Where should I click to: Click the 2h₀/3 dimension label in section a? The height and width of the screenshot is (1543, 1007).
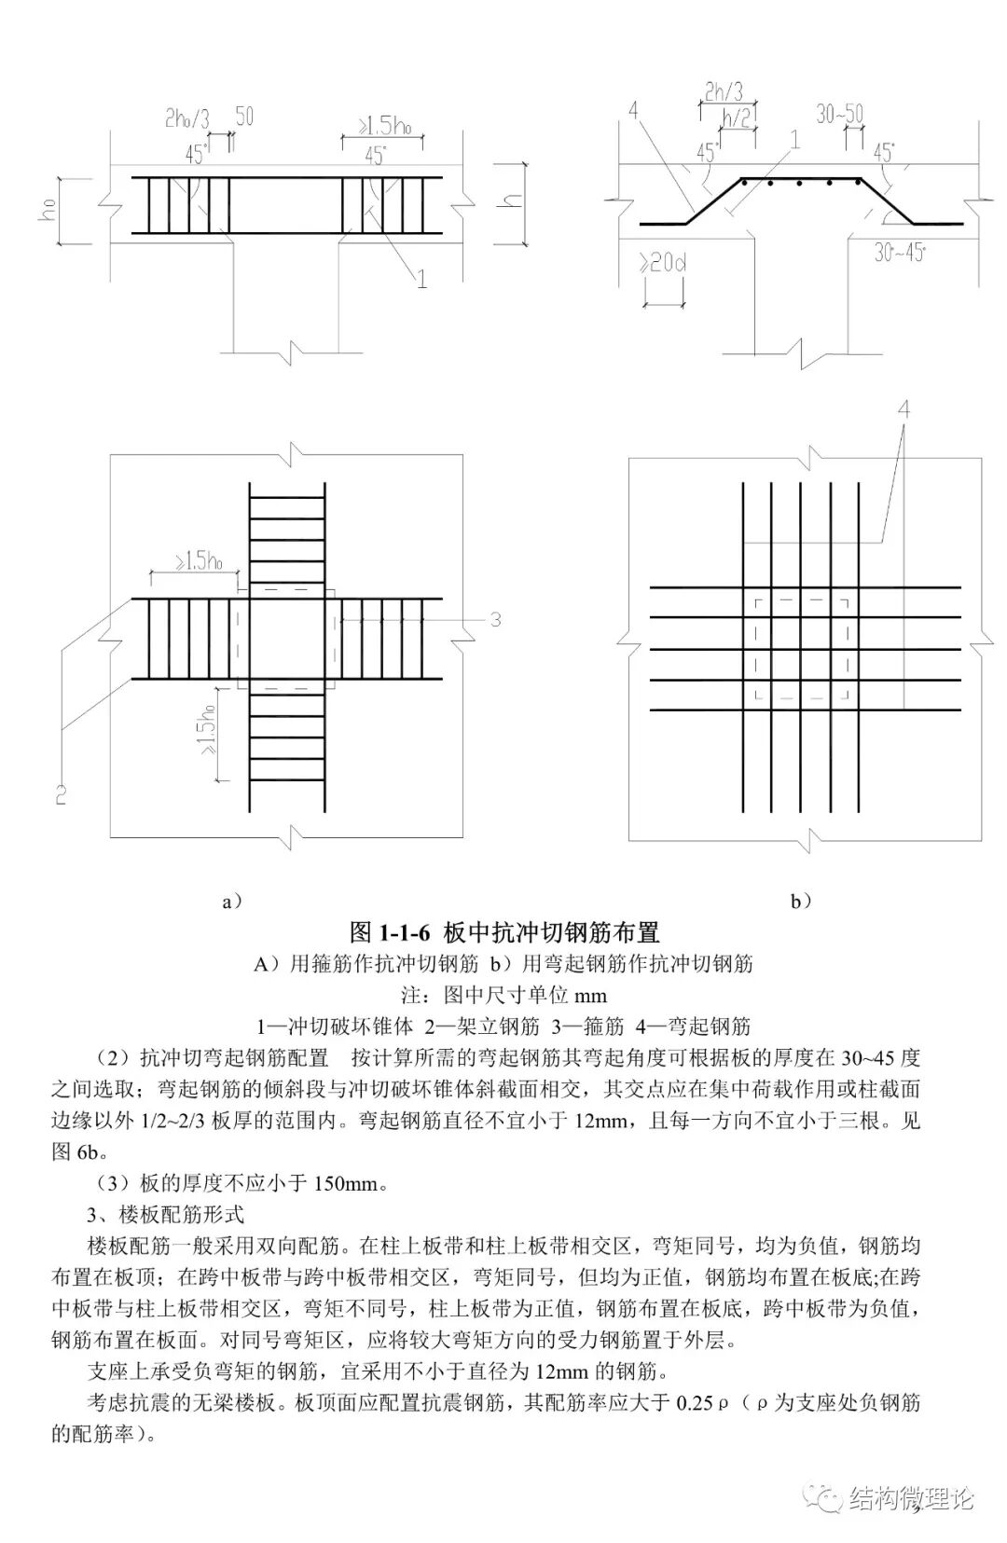coord(186,119)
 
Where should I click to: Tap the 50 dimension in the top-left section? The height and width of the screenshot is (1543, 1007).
coord(243,117)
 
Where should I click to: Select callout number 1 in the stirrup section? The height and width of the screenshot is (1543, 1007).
coord(421,278)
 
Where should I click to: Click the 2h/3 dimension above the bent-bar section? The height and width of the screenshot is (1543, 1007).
coord(724,91)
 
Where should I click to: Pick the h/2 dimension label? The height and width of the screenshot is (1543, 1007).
coord(738,119)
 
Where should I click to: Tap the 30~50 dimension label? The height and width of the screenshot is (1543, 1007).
coord(839,115)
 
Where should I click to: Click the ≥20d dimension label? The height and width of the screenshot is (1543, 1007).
coord(663,263)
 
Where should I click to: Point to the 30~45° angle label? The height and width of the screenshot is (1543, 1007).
coord(900,253)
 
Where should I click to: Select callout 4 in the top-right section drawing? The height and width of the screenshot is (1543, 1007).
coord(634,112)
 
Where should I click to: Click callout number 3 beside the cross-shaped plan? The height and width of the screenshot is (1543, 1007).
coord(495,619)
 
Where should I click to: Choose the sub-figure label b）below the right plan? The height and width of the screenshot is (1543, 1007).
coord(801,901)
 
